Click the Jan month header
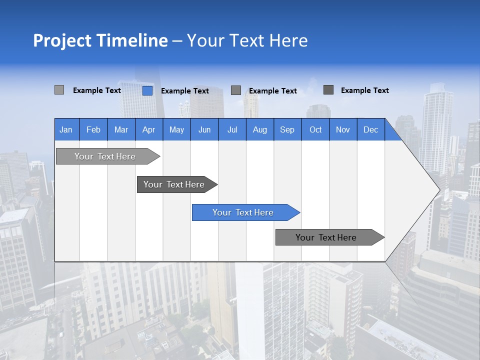[66, 129]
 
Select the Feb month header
[93, 129]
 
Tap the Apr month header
[148, 129]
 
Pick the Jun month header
[204, 129]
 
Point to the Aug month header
[259, 129]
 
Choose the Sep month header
[287, 129]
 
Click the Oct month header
[315, 129]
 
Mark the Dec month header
[370, 129]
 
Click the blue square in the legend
[147, 90]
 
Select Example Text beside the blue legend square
[184, 91]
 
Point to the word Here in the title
[288, 40]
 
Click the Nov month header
[343, 129]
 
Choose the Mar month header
[121, 129]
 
